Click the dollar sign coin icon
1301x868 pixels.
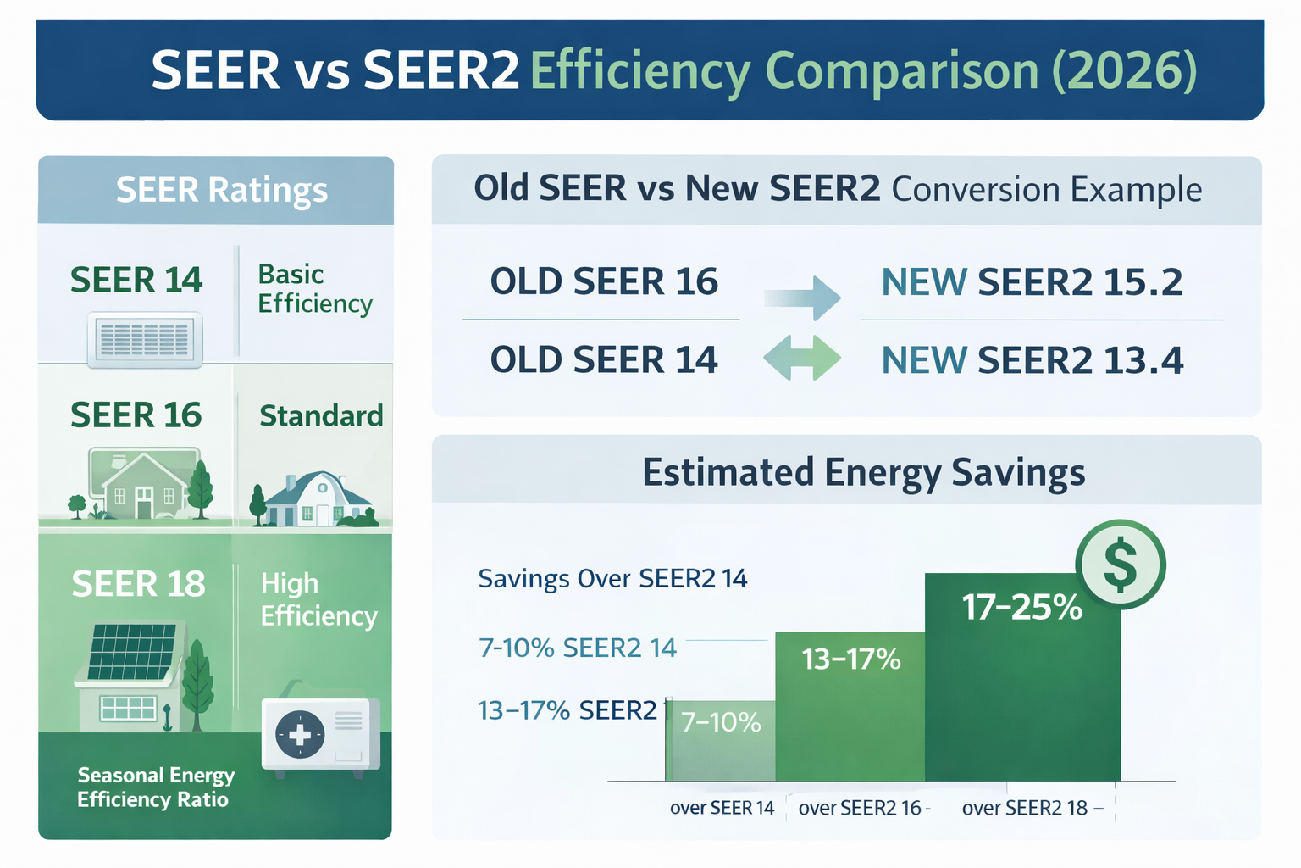1120,565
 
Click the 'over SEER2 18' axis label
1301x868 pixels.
1024,808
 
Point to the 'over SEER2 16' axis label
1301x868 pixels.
860,808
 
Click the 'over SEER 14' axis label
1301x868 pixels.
722,808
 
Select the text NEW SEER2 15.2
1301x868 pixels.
1032,282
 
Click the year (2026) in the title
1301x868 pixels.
1124,70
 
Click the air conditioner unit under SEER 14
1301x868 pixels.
145,339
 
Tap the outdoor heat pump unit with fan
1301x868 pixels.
320,733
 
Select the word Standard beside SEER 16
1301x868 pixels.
321,416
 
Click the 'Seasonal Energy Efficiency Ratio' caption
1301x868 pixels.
156,787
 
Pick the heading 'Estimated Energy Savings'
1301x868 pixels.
863,472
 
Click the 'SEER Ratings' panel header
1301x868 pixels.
221,190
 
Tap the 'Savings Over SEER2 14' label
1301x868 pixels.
612,579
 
